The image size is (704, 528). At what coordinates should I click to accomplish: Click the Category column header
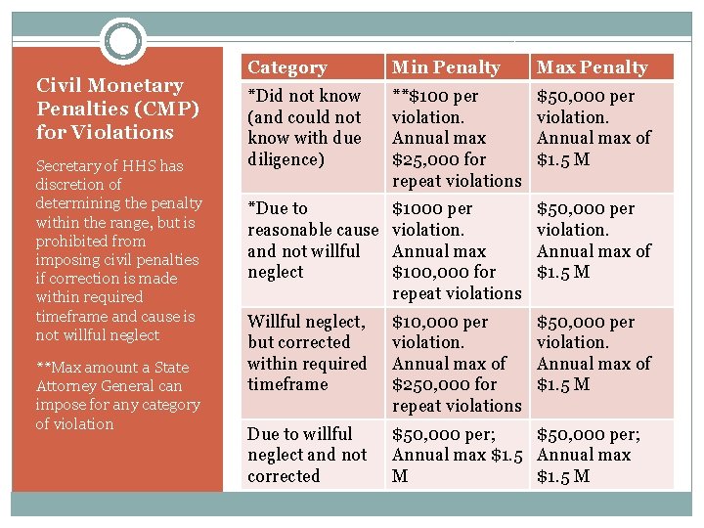tap(287, 67)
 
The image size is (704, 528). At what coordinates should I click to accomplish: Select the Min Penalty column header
tap(446, 67)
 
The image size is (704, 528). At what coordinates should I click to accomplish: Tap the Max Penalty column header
tap(592, 67)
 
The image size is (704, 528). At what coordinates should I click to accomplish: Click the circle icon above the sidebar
tap(123, 42)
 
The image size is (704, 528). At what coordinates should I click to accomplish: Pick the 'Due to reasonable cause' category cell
tap(312, 240)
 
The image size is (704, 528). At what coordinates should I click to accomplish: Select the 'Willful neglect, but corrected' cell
tap(306, 352)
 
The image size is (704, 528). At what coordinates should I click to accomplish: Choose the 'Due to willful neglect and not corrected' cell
tap(307, 455)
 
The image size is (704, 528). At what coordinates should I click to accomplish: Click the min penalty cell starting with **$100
tap(457, 138)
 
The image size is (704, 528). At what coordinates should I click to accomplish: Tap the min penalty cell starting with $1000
tap(457, 250)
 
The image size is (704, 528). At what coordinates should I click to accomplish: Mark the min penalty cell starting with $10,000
tap(457, 363)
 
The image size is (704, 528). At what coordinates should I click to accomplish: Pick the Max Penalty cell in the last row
tap(599, 455)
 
